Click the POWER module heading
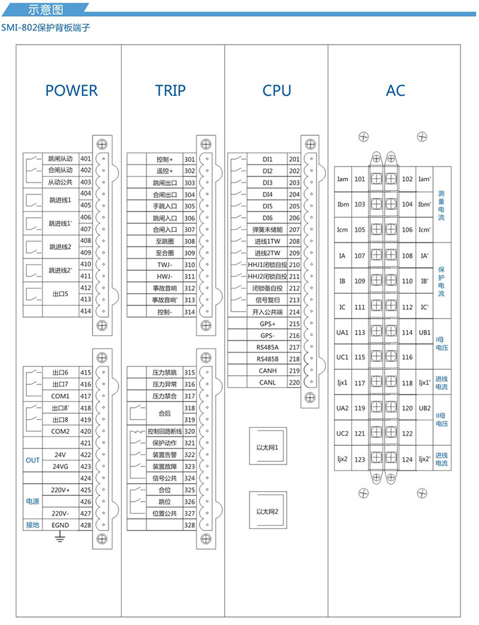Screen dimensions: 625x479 click(71, 91)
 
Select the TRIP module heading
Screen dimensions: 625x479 click(170, 91)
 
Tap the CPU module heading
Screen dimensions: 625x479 click(276, 91)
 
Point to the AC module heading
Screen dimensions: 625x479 click(395, 91)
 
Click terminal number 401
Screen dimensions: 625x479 click(85, 159)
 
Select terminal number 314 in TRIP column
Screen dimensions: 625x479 click(189, 312)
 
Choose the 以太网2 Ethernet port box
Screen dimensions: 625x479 click(267, 511)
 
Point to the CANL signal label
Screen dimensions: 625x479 click(267, 382)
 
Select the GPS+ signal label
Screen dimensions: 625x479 click(267, 323)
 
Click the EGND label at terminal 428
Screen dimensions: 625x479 click(61, 525)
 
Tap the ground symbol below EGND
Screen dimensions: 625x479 click(61, 536)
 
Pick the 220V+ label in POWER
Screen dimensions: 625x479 click(61, 490)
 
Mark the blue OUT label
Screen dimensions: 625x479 click(33, 460)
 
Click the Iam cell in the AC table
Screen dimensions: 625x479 click(343, 179)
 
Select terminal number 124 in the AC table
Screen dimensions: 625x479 click(407, 459)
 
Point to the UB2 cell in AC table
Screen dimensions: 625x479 click(424, 408)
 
